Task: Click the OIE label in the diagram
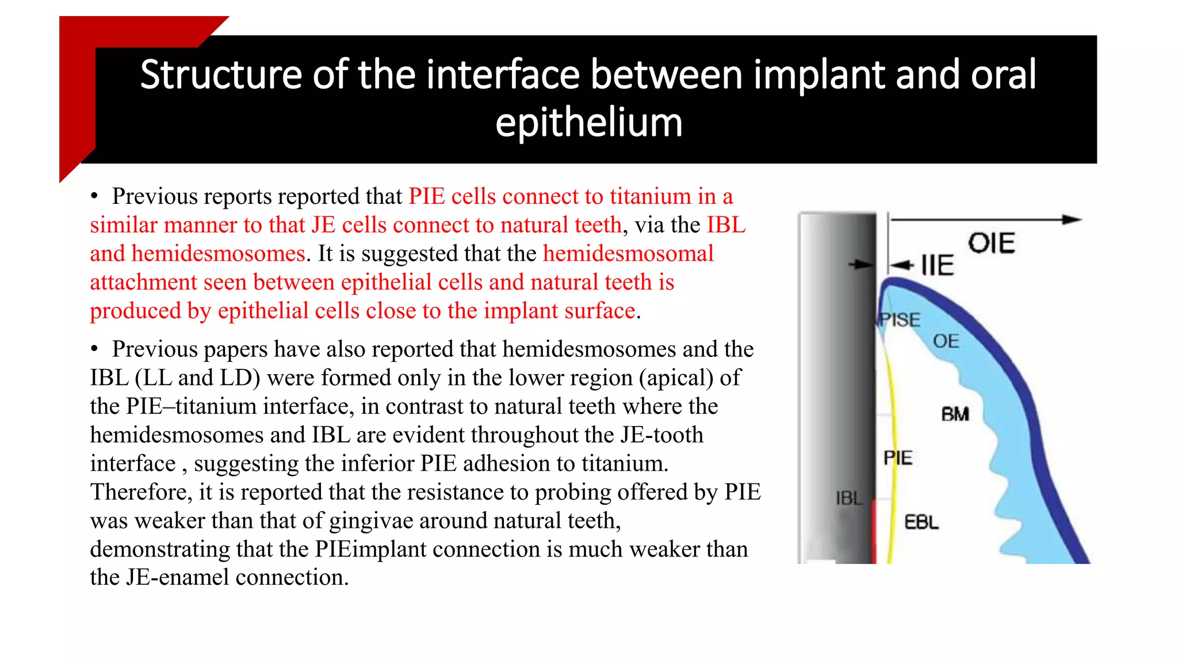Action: tap(991, 243)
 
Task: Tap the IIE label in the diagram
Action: tap(937, 266)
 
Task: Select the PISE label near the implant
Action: tap(900, 320)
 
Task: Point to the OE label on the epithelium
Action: tap(946, 341)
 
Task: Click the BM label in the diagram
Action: tap(955, 414)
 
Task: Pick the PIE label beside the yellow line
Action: tap(898, 458)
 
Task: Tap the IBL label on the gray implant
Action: tap(849, 498)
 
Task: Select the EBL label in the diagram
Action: tap(921, 523)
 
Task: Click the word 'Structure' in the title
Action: tap(221, 75)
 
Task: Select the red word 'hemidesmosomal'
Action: tap(628, 254)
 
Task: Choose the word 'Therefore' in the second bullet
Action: tap(141, 492)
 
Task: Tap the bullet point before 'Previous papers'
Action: tap(94, 349)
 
